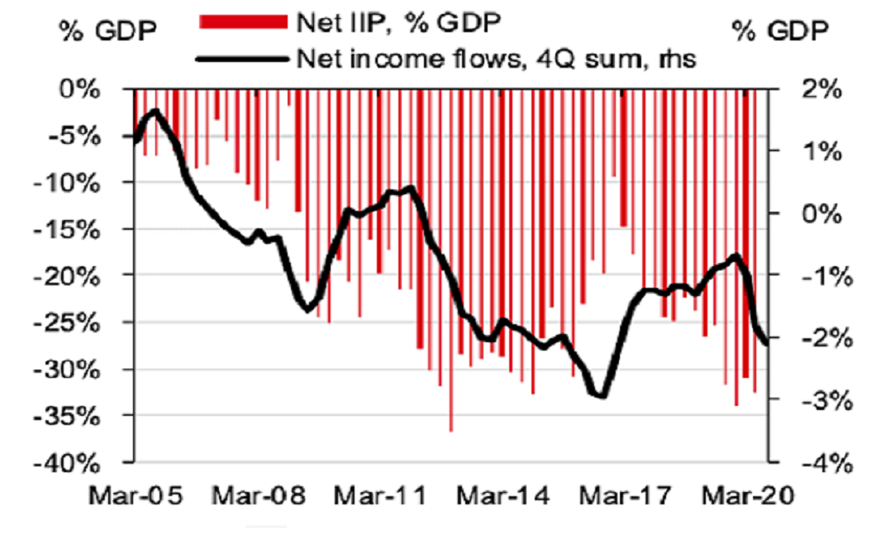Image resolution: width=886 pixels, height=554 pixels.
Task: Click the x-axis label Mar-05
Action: pyautogui.click(x=136, y=496)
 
